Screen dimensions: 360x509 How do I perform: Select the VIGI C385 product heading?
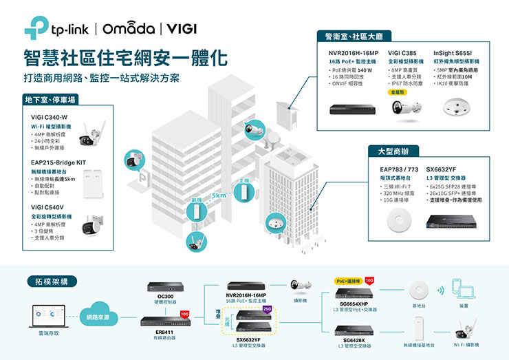coord(402,52)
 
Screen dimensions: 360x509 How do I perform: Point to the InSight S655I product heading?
coord(453,52)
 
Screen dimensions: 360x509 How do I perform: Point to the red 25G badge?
coord(267,308)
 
